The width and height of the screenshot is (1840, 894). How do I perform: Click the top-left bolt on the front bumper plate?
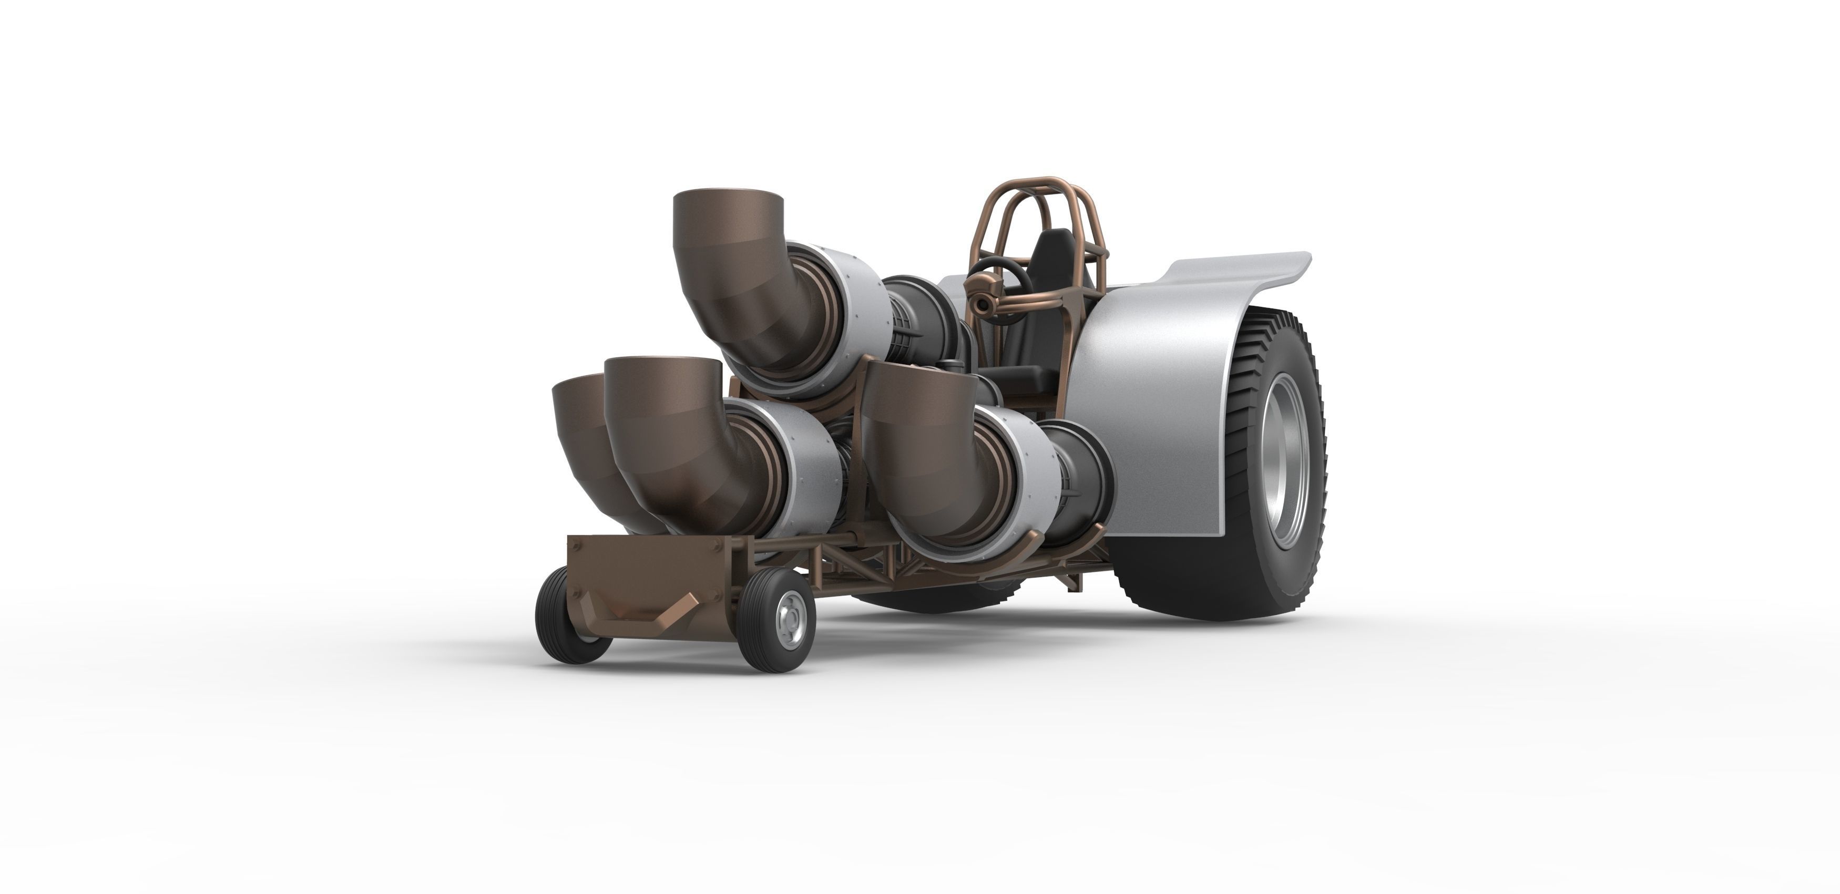[x=579, y=544]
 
